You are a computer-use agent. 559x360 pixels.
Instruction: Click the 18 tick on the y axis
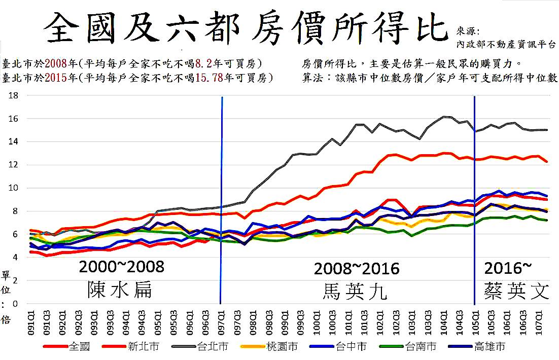[14, 95]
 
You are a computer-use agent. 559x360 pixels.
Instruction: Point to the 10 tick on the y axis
[14, 188]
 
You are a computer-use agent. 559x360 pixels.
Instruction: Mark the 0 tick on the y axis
[15, 304]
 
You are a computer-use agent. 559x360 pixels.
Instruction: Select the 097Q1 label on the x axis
[221, 321]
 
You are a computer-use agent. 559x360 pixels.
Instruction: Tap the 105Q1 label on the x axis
[474, 321]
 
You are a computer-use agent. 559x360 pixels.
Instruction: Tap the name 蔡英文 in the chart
[516, 291]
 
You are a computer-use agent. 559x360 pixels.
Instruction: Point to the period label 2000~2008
[122, 267]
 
